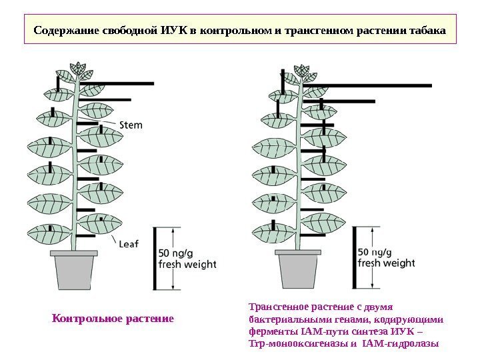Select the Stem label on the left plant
point(131,124)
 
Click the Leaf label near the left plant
point(128,244)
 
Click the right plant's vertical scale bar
point(354,258)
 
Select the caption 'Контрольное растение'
point(113,318)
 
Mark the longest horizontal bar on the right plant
point(367,85)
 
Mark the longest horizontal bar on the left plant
point(117,83)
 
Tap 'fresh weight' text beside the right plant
point(387,263)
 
